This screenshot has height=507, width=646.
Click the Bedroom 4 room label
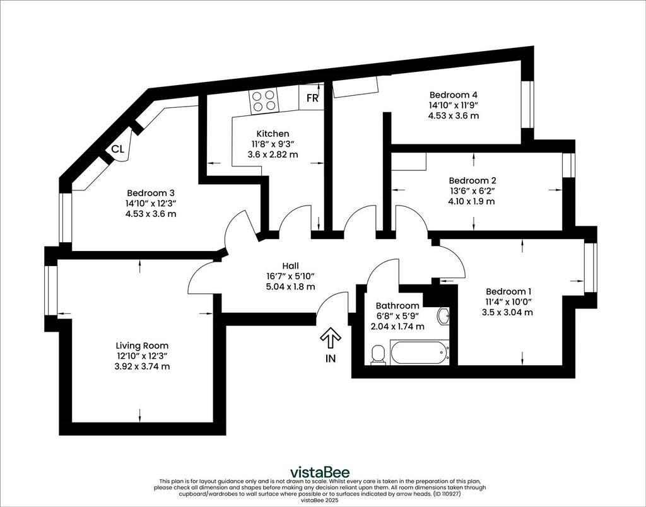pyautogui.click(x=454, y=95)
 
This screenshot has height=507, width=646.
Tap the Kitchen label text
pyautogui.click(x=273, y=134)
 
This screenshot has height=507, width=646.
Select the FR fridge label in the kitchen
pyautogui.click(x=313, y=98)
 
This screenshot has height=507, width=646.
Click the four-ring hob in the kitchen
pyautogui.click(x=264, y=100)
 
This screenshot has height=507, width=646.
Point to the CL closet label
pyautogui.click(x=118, y=149)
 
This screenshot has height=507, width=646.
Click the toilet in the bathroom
pyautogui.click(x=378, y=354)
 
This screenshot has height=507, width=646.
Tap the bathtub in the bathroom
pyautogui.click(x=420, y=352)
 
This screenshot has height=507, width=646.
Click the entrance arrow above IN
pyautogui.click(x=331, y=339)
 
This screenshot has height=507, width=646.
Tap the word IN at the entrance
pyautogui.click(x=331, y=359)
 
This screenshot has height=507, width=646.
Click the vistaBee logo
pyautogui.click(x=320, y=472)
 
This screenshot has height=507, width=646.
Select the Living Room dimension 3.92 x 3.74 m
pyautogui.click(x=142, y=366)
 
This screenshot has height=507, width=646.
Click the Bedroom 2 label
pyautogui.click(x=473, y=180)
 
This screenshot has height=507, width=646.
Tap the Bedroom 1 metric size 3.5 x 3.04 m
pyautogui.click(x=507, y=312)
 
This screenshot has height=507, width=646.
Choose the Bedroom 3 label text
pyautogui.click(x=151, y=193)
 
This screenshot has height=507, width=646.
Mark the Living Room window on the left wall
pyautogui.click(x=50, y=290)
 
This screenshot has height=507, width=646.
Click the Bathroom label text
pyautogui.click(x=397, y=306)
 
